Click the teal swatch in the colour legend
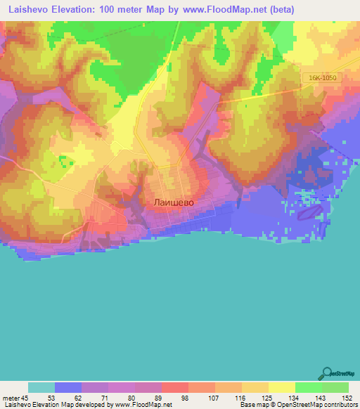point(41,387)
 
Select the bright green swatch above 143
point(309,387)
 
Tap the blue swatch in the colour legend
point(68,387)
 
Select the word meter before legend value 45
point(11,398)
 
